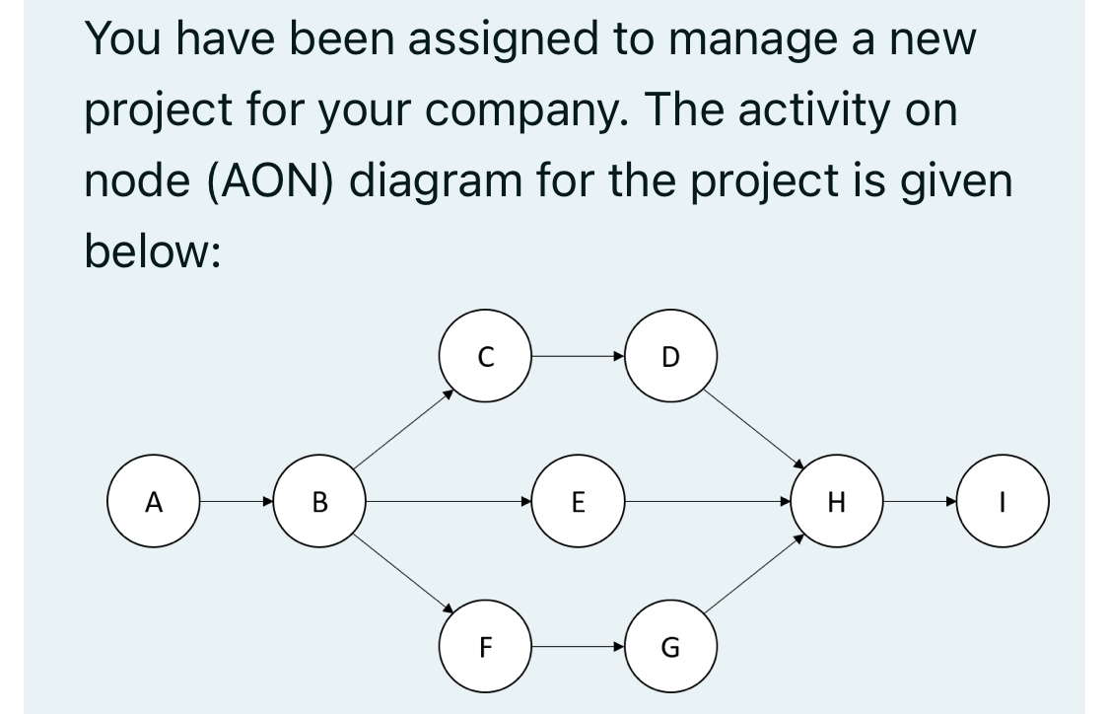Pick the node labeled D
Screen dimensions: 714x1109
click(670, 357)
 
